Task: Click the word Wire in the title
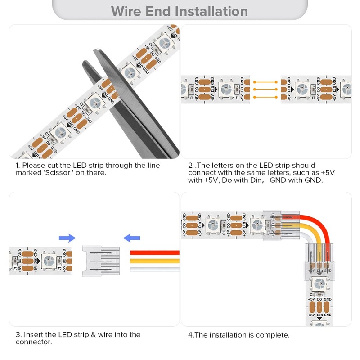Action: pyautogui.click(x=127, y=11)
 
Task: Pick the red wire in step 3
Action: pyautogui.click(x=155, y=253)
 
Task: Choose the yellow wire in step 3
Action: pyautogui.click(x=155, y=261)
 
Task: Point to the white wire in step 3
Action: pyautogui.click(x=155, y=269)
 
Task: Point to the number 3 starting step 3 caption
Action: pyautogui.click(x=18, y=335)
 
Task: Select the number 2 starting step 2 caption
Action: pyautogui.click(x=190, y=166)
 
